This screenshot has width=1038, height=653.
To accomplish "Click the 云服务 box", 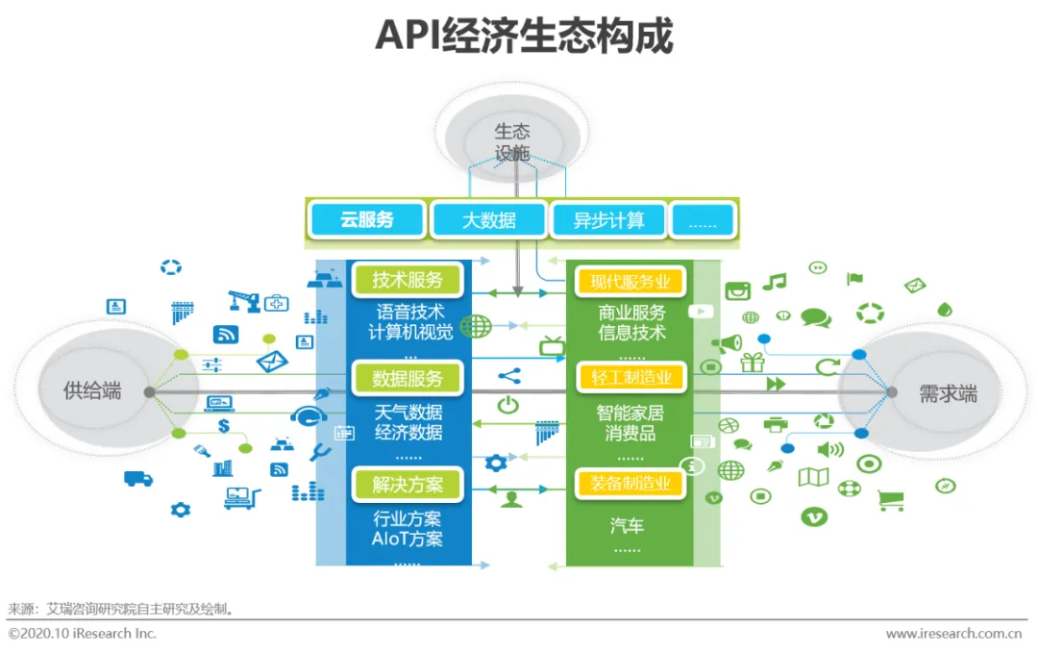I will coord(367,220).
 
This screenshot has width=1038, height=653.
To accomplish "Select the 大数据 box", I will coord(488,220).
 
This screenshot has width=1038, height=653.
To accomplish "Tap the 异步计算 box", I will coord(608,220).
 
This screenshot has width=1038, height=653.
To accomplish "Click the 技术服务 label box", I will coord(408,280).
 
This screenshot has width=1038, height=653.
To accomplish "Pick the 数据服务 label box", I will coord(408,379).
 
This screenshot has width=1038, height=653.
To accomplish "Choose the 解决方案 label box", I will coord(408,484).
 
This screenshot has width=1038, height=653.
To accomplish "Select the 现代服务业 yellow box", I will coord(630,282).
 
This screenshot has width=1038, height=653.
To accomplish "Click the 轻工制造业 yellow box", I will coord(630,378).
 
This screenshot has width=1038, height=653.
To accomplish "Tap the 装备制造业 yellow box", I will coord(630,484).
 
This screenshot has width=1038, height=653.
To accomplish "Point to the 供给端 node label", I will coord(92,391).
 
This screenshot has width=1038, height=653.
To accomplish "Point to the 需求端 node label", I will coord(947,393).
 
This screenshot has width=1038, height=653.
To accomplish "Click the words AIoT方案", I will coord(408,540).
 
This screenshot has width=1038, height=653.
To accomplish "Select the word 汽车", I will coord(627,526).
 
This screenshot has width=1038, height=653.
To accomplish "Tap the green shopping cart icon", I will coord(891,500).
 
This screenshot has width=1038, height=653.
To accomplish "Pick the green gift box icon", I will coord(752,363).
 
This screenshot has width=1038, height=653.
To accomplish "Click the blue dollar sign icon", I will coord(224,426).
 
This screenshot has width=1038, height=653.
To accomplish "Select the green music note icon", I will coord(774,282).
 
